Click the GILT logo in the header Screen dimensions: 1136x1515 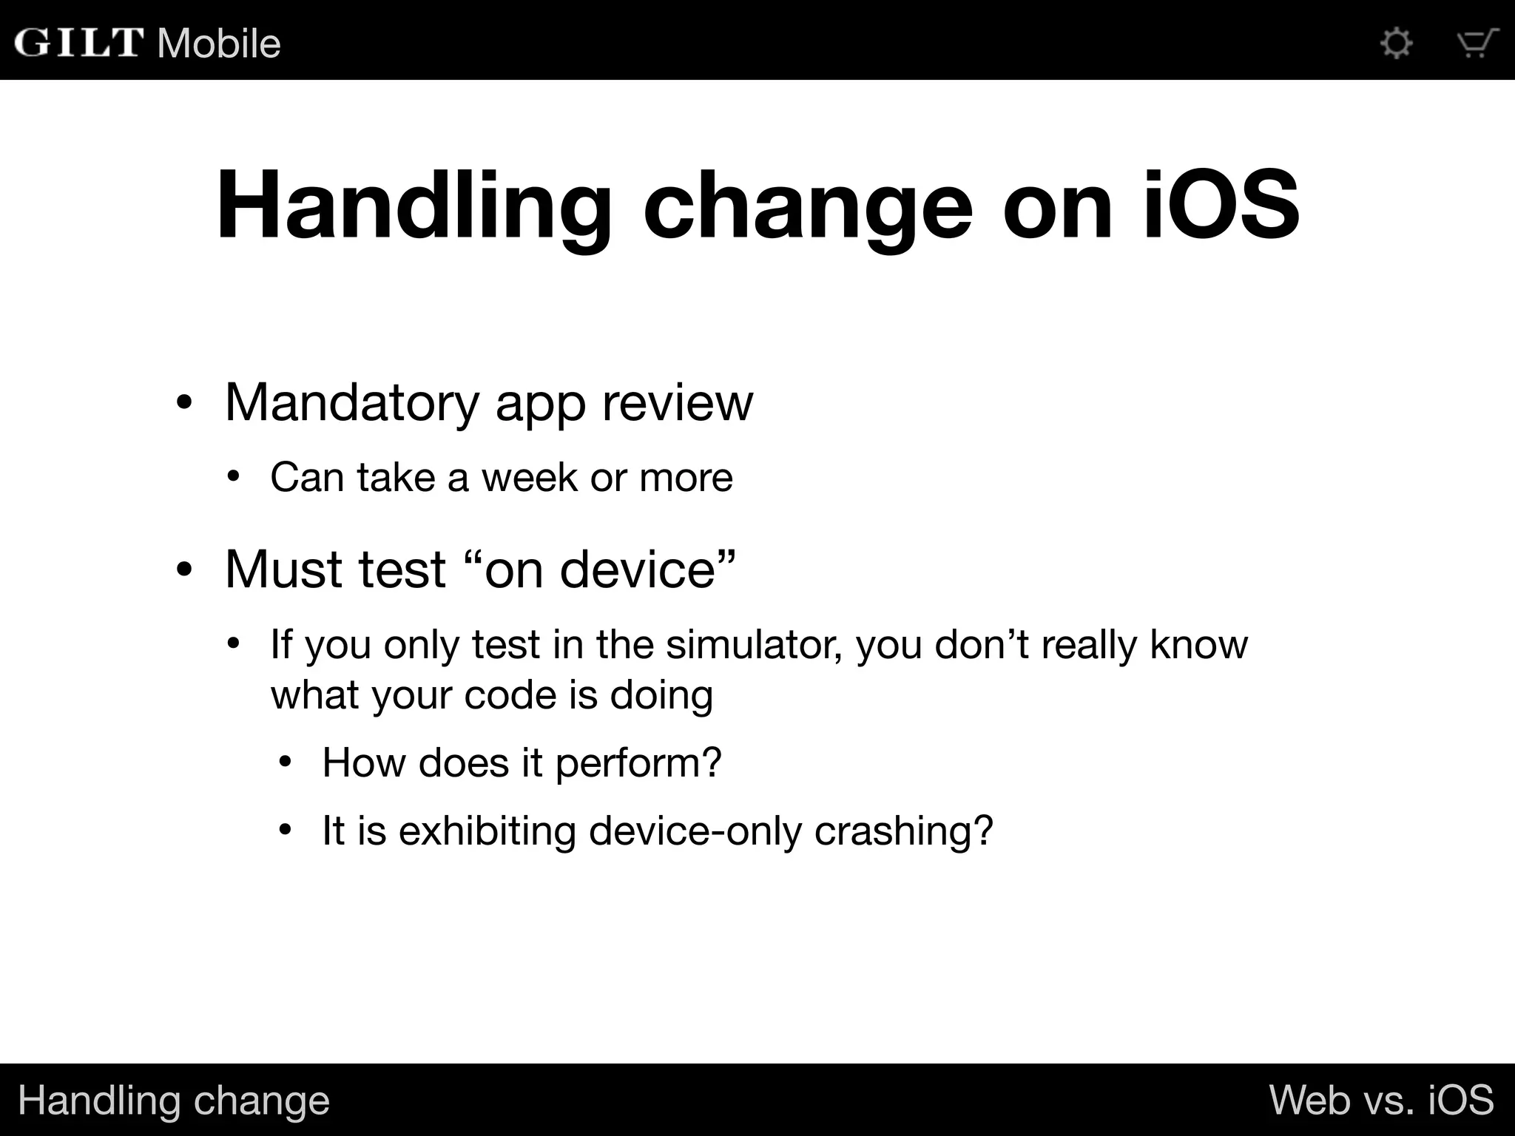(78, 43)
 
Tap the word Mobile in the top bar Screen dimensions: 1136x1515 (219, 43)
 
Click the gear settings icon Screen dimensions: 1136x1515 (1397, 43)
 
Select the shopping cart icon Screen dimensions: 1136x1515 (1477, 43)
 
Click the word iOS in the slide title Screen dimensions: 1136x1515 (1221, 205)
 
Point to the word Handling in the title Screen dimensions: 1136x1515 (414, 205)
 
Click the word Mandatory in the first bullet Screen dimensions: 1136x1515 (352, 403)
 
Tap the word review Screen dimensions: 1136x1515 (677, 403)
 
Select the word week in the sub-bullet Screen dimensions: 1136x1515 (529, 477)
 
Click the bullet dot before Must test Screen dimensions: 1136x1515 (184, 569)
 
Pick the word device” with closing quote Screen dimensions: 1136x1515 (648, 569)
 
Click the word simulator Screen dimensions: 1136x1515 (754, 644)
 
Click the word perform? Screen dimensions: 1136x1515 (638, 763)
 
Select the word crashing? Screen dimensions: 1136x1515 (903, 831)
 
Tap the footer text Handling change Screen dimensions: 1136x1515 (174, 1100)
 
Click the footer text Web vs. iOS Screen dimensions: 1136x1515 (1381, 1100)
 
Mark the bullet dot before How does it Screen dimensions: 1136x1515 (286, 762)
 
